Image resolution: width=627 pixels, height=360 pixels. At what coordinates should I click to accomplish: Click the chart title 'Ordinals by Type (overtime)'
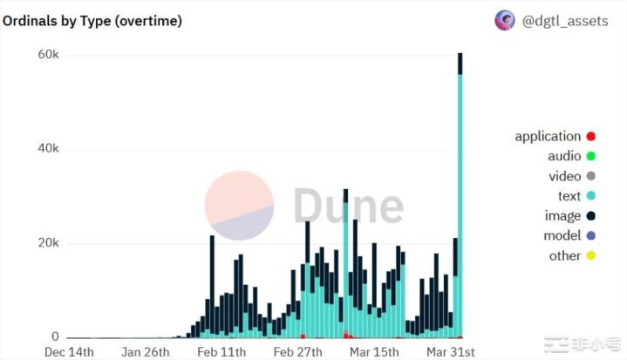[x=92, y=21]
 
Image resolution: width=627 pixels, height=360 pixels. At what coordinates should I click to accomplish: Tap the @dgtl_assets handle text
[x=564, y=21]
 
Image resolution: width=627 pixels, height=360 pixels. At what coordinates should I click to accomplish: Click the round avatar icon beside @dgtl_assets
[x=505, y=21]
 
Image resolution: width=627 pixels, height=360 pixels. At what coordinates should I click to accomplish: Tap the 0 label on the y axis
[x=55, y=336]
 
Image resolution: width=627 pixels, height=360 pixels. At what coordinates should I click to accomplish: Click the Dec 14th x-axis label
[x=69, y=351]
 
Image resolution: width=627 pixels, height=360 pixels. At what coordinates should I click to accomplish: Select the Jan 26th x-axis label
[x=146, y=351]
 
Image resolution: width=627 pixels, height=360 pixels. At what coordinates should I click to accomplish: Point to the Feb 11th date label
[x=222, y=351]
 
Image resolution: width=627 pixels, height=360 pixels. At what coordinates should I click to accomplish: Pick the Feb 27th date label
[x=298, y=351]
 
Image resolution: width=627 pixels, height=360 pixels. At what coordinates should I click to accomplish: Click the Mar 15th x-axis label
[x=374, y=351]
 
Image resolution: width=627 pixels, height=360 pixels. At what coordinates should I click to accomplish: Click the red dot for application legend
[x=590, y=136]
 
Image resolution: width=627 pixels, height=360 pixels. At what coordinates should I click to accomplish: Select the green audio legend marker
[x=590, y=156]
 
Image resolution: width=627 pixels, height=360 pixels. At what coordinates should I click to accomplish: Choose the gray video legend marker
[x=590, y=176]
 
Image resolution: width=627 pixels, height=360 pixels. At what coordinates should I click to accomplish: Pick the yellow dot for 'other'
[x=590, y=255]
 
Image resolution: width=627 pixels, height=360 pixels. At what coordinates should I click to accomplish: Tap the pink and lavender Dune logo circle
[x=239, y=206]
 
